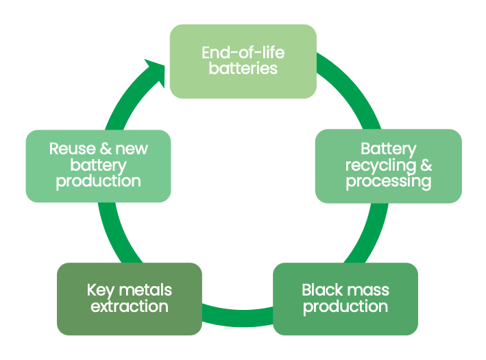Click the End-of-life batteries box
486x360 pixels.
point(243,61)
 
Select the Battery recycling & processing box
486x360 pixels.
point(388,166)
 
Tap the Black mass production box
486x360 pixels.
point(345,298)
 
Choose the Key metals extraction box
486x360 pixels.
point(129,298)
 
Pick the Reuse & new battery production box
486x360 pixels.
point(98,166)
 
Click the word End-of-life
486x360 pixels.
point(243,53)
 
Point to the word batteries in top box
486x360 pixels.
point(243,69)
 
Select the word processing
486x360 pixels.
point(388,182)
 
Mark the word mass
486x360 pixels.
point(367,290)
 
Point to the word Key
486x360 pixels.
point(100,290)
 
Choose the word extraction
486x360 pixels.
point(129,307)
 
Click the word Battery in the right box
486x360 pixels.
point(388,149)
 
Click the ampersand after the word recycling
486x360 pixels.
point(426,166)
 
